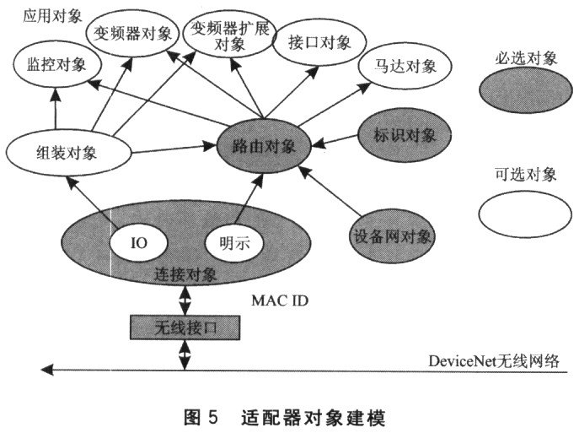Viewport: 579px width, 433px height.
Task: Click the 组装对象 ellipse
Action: click(x=67, y=154)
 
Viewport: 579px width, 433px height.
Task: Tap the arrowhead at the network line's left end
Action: click(x=48, y=369)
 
